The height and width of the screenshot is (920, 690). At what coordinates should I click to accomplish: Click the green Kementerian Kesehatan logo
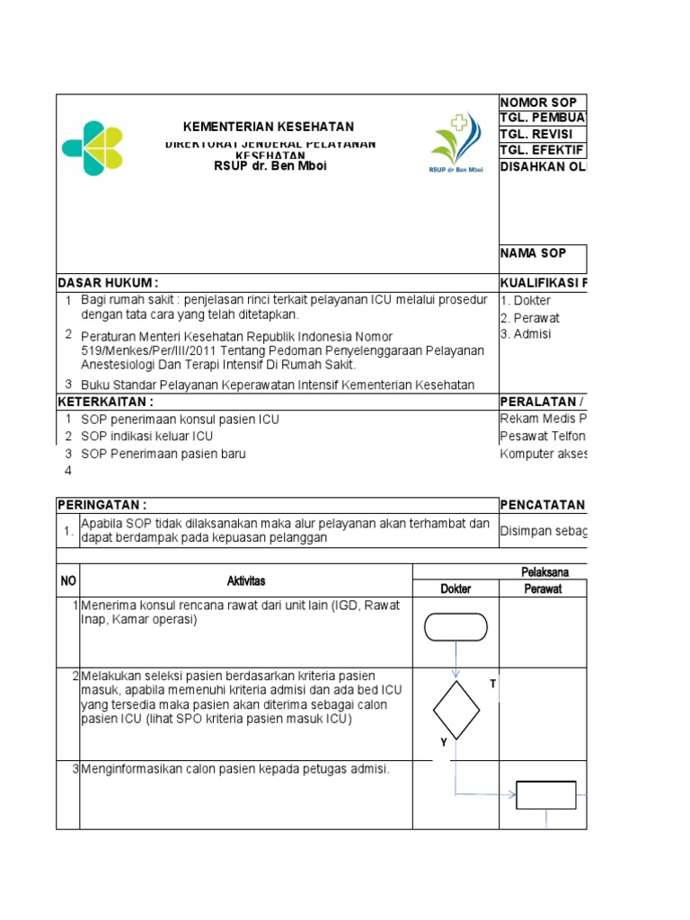(92, 149)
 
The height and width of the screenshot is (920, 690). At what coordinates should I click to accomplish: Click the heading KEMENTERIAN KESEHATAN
(269, 127)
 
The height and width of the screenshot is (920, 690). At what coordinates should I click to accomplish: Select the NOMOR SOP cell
(539, 102)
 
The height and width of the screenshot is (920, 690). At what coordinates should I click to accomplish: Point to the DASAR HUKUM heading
(109, 283)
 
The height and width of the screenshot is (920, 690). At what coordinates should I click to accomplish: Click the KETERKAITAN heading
(106, 401)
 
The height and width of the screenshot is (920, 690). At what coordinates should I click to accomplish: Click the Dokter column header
(455, 588)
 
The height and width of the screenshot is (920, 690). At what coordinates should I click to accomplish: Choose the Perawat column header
(543, 588)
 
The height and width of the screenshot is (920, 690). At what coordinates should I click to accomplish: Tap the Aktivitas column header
(246, 581)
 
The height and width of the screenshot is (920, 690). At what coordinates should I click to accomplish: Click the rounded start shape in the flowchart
(456, 626)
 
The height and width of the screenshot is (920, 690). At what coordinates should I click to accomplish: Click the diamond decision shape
(456, 709)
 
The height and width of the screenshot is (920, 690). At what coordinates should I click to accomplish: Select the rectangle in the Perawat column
(545, 794)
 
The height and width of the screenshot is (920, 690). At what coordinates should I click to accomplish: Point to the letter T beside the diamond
(492, 685)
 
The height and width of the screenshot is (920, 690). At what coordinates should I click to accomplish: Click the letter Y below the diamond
(443, 742)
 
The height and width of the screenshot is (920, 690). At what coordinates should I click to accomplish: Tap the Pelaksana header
(544, 572)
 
